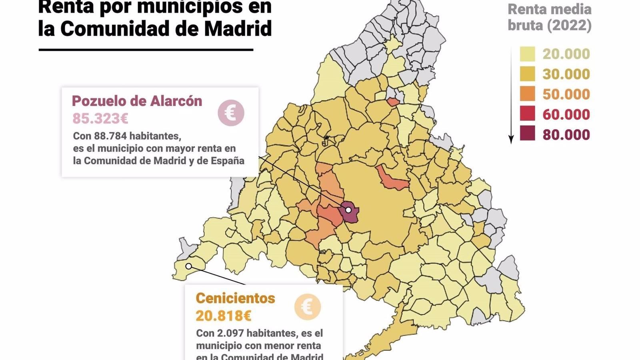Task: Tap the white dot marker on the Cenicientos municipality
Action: (188, 266)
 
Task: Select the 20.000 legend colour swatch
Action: (527, 54)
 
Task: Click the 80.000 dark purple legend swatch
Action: (527, 134)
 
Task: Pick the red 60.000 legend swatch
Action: (527, 114)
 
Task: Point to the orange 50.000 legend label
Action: (566, 94)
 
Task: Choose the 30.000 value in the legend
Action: (566, 74)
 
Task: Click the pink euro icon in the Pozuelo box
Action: (231, 113)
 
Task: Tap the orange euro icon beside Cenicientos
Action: (307, 307)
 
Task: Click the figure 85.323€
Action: (100, 119)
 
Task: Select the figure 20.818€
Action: (223, 316)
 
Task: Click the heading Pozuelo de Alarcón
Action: (137, 101)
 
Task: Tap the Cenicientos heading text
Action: (235, 298)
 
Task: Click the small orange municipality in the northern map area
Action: (393, 102)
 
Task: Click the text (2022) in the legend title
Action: (569, 26)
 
